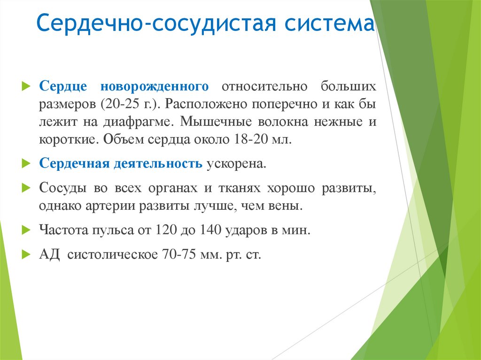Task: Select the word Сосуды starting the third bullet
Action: click(x=62, y=188)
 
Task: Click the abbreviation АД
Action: click(x=50, y=255)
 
